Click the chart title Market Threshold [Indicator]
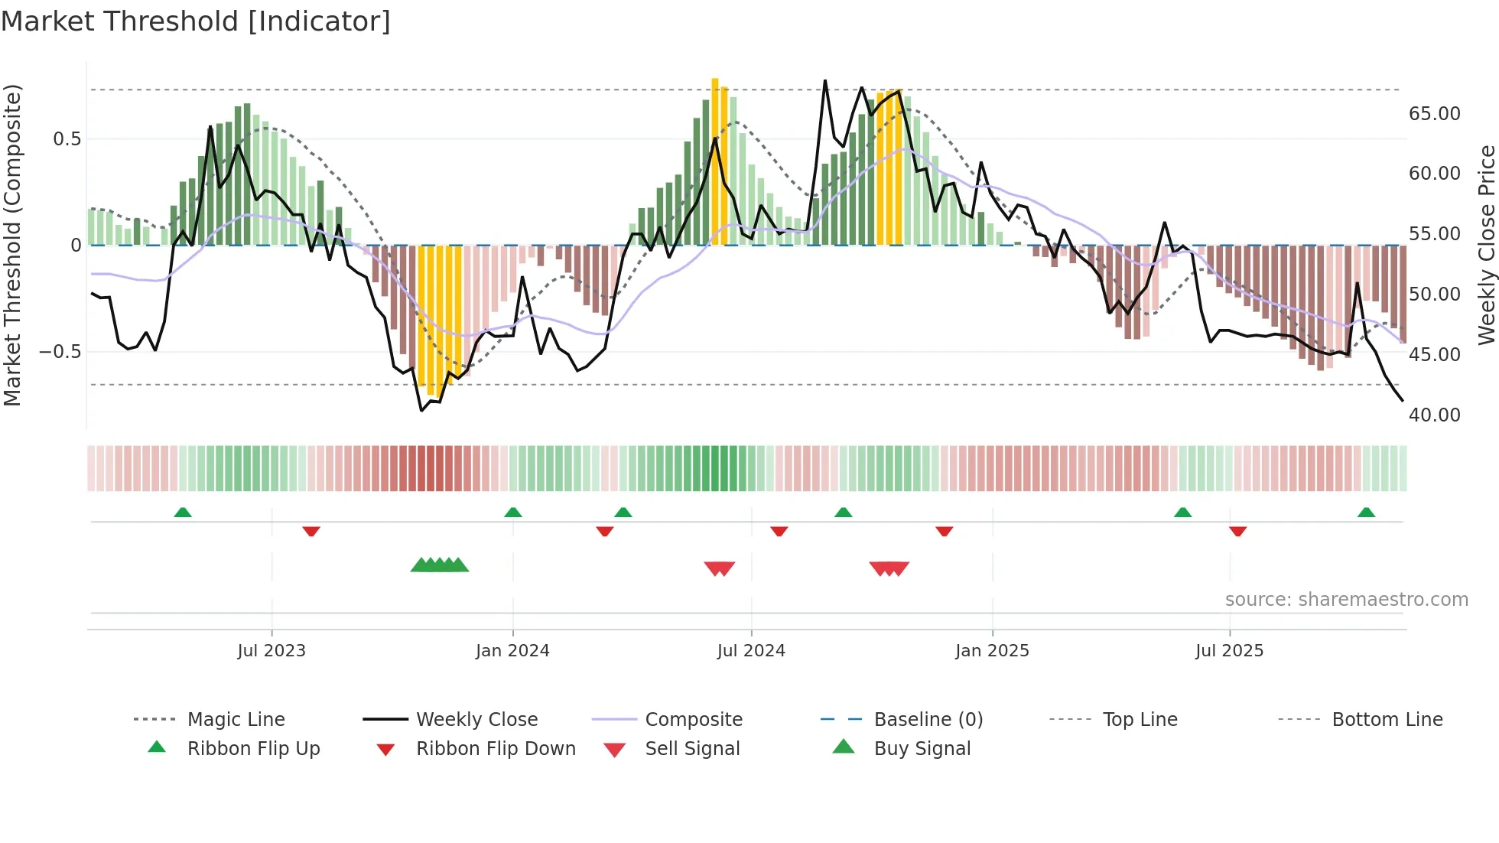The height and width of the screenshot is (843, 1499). click(x=196, y=21)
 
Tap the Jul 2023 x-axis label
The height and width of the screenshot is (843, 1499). click(x=272, y=651)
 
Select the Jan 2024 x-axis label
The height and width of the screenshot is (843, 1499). click(x=512, y=651)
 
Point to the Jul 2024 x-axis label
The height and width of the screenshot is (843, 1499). click(x=751, y=651)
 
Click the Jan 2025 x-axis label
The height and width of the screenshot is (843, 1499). click(x=992, y=651)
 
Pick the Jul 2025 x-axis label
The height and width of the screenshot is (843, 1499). click(x=1230, y=651)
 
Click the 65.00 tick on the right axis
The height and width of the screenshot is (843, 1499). click(x=1434, y=114)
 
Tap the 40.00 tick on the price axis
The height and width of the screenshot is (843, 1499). click(x=1434, y=415)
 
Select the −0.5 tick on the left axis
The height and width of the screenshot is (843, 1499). click(x=60, y=352)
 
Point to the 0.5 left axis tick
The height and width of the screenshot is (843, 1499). click(x=67, y=139)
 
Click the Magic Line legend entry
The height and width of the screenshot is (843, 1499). click(x=236, y=720)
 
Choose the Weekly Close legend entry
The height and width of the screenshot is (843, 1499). click(x=476, y=720)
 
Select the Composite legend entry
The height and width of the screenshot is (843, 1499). click(x=694, y=720)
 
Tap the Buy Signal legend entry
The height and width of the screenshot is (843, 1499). click(x=922, y=749)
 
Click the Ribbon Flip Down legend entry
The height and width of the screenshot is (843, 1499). click(x=496, y=749)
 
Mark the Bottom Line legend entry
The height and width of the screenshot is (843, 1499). click(x=1387, y=720)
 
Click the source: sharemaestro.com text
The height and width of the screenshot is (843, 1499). click(x=1346, y=600)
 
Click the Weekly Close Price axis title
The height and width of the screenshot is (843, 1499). click(x=1486, y=245)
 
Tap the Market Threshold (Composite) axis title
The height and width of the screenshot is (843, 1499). click(x=12, y=245)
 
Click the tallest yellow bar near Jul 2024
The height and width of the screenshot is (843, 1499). click(x=715, y=161)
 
